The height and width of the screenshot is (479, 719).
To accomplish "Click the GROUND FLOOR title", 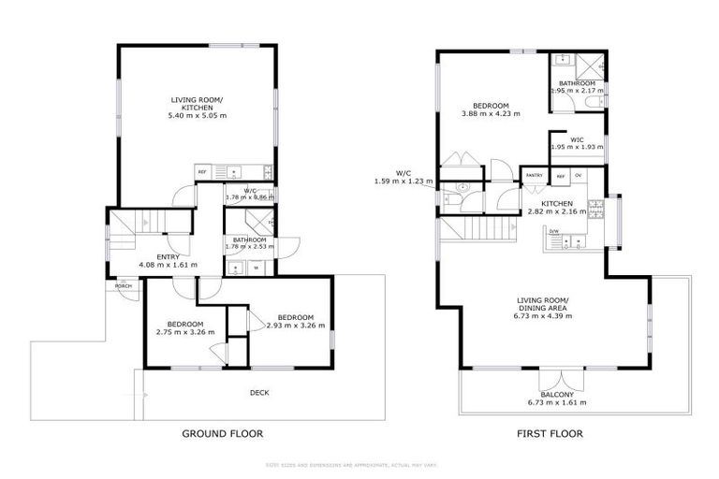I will pos(222,433).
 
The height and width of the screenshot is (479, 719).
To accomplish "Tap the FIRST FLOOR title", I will pos(550,433).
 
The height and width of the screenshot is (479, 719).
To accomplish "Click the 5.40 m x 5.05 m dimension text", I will pos(197,115).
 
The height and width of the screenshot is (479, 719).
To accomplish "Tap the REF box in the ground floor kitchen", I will pos(201,172).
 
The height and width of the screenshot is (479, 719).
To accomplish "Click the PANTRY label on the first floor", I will pos(534,175).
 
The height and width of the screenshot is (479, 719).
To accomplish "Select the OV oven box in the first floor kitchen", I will pos(578,175).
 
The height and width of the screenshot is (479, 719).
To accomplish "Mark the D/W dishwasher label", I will pos(553,231).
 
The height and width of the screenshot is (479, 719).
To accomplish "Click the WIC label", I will pos(577,140).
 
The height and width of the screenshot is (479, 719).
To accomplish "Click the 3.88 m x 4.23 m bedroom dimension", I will pos(491,113).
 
